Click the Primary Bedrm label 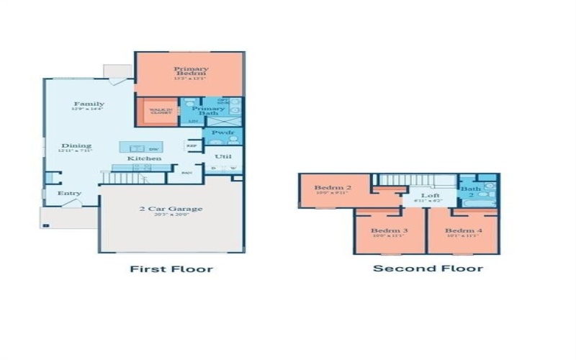click(191, 72)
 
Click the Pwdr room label click(218, 133)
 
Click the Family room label click(89, 104)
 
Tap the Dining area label click(76, 145)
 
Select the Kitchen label click(144, 158)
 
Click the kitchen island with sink click(140, 147)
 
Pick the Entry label click(70, 193)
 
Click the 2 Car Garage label click(171, 210)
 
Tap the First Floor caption click(171, 269)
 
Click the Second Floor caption click(428, 269)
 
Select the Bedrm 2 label click(332, 189)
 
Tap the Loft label click(431, 196)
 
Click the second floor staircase click(418, 180)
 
